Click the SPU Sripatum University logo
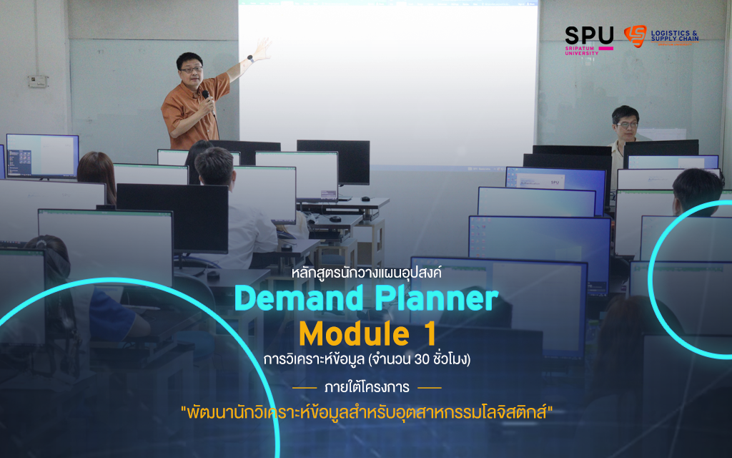pos(589,41)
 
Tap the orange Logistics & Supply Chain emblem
pos(635,36)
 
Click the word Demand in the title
pos(300,298)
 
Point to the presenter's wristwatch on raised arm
pos(251,59)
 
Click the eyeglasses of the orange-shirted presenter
pos(192,70)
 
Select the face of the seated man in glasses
pos(626,126)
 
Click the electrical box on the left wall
pos(37,82)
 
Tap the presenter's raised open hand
pos(262,49)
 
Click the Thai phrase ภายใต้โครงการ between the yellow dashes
pos(367,387)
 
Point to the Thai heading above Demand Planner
pos(367,272)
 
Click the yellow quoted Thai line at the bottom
pos(367,413)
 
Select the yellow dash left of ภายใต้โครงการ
pos(305,388)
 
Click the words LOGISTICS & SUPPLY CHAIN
pos(675,36)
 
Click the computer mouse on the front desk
pos(366,199)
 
